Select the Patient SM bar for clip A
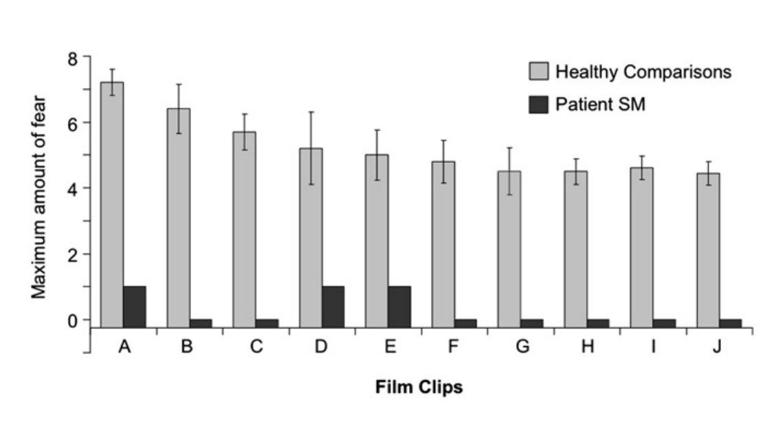[x=135, y=306]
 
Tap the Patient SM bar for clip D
[x=333, y=306]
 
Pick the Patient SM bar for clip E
[x=399, y=306]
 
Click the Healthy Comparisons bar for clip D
[x=311, y=237]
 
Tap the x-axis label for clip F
[x=452, y=347]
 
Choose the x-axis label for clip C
[x=256, y=347]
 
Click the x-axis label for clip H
[x=587, y=347]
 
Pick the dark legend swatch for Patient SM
[x=538, y=105]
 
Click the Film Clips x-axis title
[x=419, y=388]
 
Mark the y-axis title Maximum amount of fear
[x=40, y=187]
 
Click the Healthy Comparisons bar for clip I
[x=642, y=247]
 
